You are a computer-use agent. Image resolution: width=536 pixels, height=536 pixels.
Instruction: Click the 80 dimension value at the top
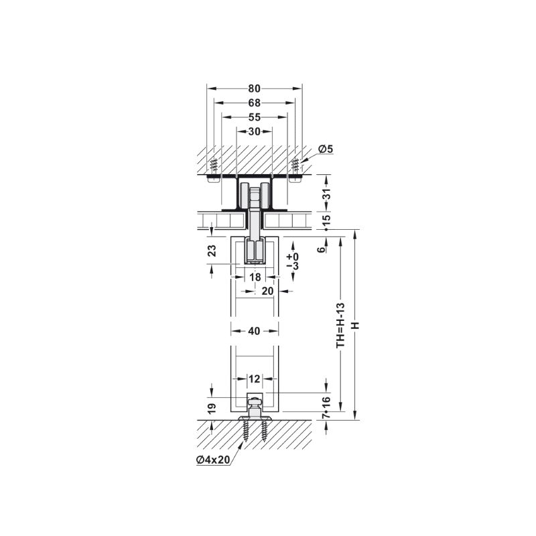click(x=255, y=88)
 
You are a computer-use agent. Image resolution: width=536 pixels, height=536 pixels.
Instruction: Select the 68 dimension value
click(x=255, y=103)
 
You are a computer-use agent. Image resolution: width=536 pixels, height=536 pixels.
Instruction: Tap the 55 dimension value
click(x=255, y=117)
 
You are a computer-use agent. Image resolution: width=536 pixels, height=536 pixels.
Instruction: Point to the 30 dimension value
click(x=255, y=131)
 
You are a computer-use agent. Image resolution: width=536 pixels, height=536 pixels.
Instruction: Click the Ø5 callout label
click(x=325, y=149)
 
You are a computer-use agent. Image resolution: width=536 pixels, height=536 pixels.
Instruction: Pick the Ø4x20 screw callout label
click(x=213, y=460)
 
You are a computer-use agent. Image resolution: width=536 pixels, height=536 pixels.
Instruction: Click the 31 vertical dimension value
click(x=327, y=194)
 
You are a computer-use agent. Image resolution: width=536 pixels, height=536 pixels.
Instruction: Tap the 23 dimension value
click(x=212, y=251)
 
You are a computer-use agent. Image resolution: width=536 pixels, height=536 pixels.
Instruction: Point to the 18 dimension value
click(x=255, y=277)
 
